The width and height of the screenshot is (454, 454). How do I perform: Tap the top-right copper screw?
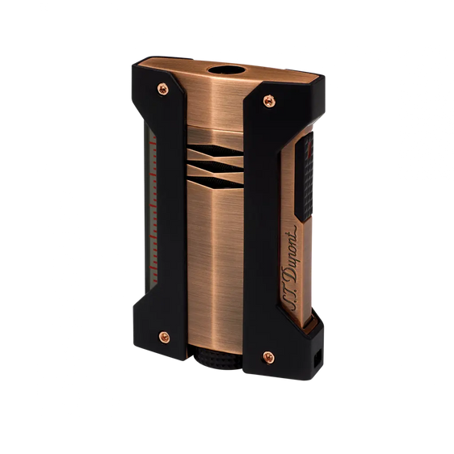pyautogui.click(x=268, y=101)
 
